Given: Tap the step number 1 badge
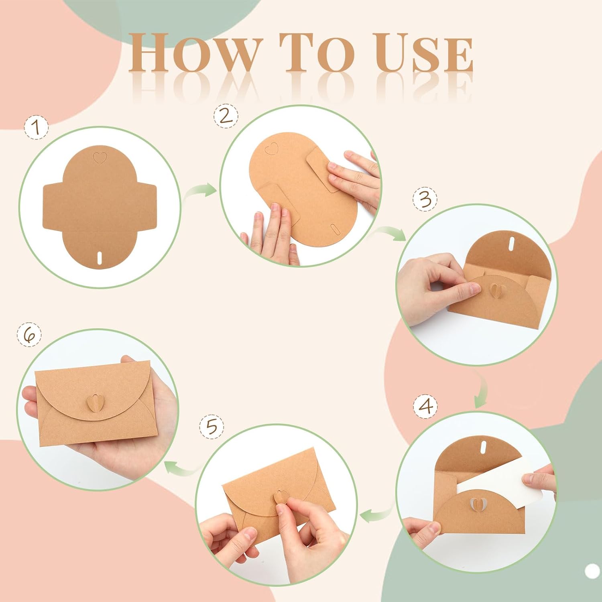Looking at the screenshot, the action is pos(36,127).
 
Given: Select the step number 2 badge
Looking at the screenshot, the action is pos(226,116).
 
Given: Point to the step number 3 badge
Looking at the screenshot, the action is pos(425,199).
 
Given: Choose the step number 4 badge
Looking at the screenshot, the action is pos(425,406).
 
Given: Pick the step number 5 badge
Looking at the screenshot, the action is pos(212,427).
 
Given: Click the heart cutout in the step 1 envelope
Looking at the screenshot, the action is pos(98,158).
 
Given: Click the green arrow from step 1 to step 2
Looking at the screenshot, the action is pos(200,190).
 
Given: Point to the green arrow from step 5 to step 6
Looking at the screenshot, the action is pos(184,467).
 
